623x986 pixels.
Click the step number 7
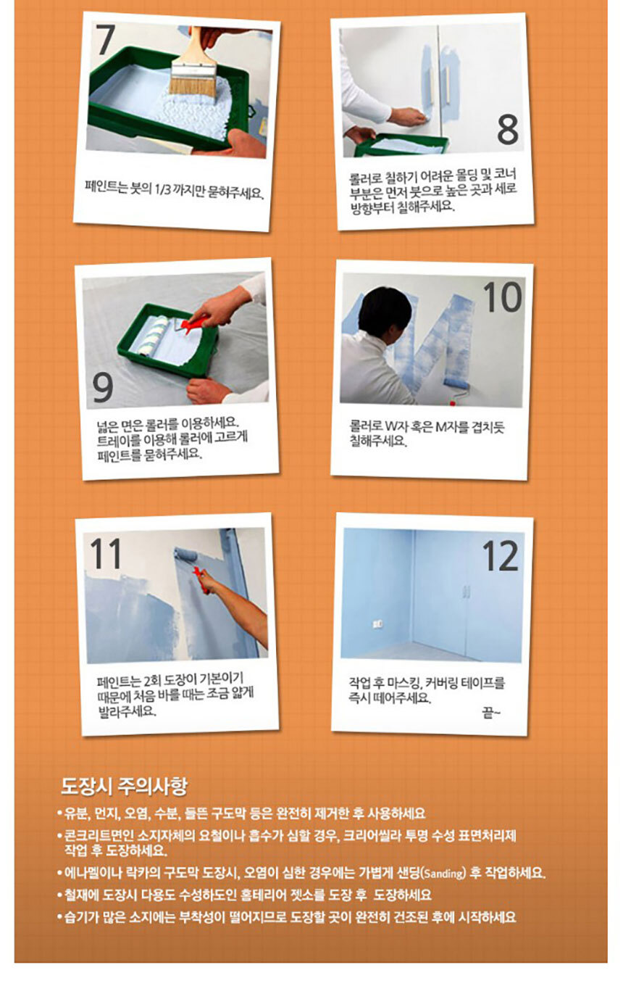click(106, 39)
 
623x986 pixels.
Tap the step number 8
click(508, 128)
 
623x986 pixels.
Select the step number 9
click(103, 388)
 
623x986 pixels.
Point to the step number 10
click(503, 297)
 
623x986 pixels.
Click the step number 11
click(106, 553)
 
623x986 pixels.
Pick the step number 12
click(501, 555)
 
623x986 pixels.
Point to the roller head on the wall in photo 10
click(456, 383)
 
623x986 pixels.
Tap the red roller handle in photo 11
click(201, 580)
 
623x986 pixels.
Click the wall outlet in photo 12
click(377, 623)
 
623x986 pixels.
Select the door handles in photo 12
click(467, 591)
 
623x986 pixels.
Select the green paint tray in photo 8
click(401, 145)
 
